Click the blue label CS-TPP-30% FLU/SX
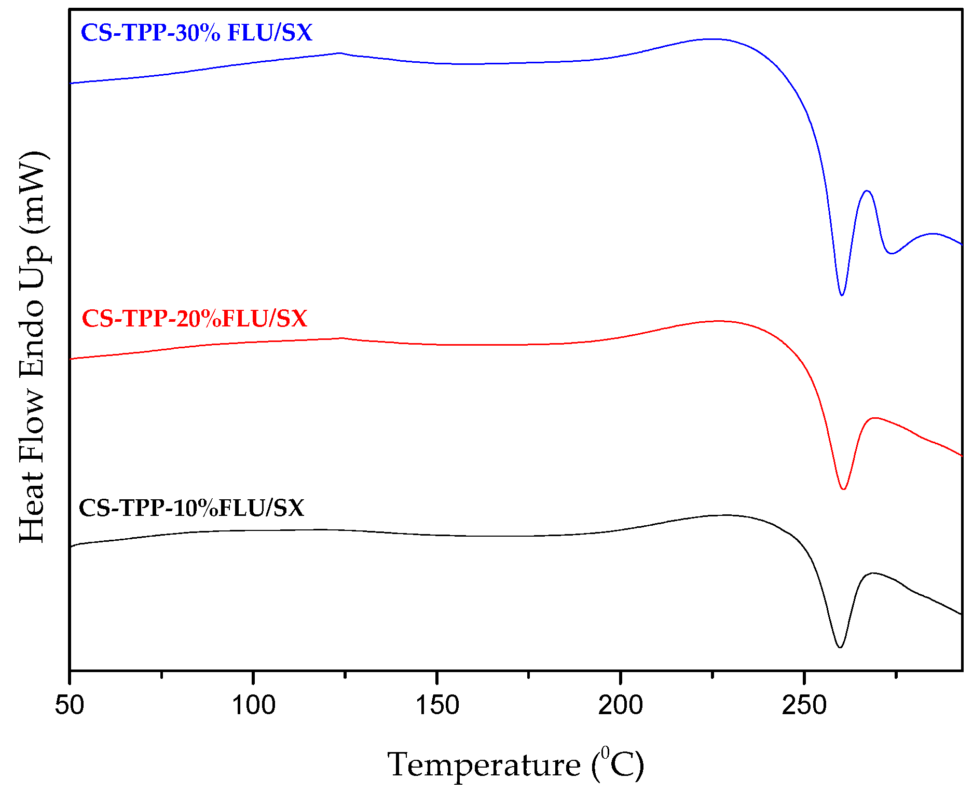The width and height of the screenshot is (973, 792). click(196, 33)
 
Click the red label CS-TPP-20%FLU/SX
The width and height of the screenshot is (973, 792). click(195, 319)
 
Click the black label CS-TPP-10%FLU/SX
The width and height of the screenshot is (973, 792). click(191, 508)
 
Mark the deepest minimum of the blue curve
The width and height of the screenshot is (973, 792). click(842, 295)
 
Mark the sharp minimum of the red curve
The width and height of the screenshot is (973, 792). click(843, 489)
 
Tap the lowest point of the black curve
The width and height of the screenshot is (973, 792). click(840, 647)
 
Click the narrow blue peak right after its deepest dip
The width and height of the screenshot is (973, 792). click(867, 191)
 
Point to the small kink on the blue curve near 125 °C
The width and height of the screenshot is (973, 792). click(340, 53)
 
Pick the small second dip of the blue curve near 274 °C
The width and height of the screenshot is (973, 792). click(892, 253)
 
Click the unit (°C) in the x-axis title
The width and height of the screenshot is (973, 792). click(618, 764)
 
